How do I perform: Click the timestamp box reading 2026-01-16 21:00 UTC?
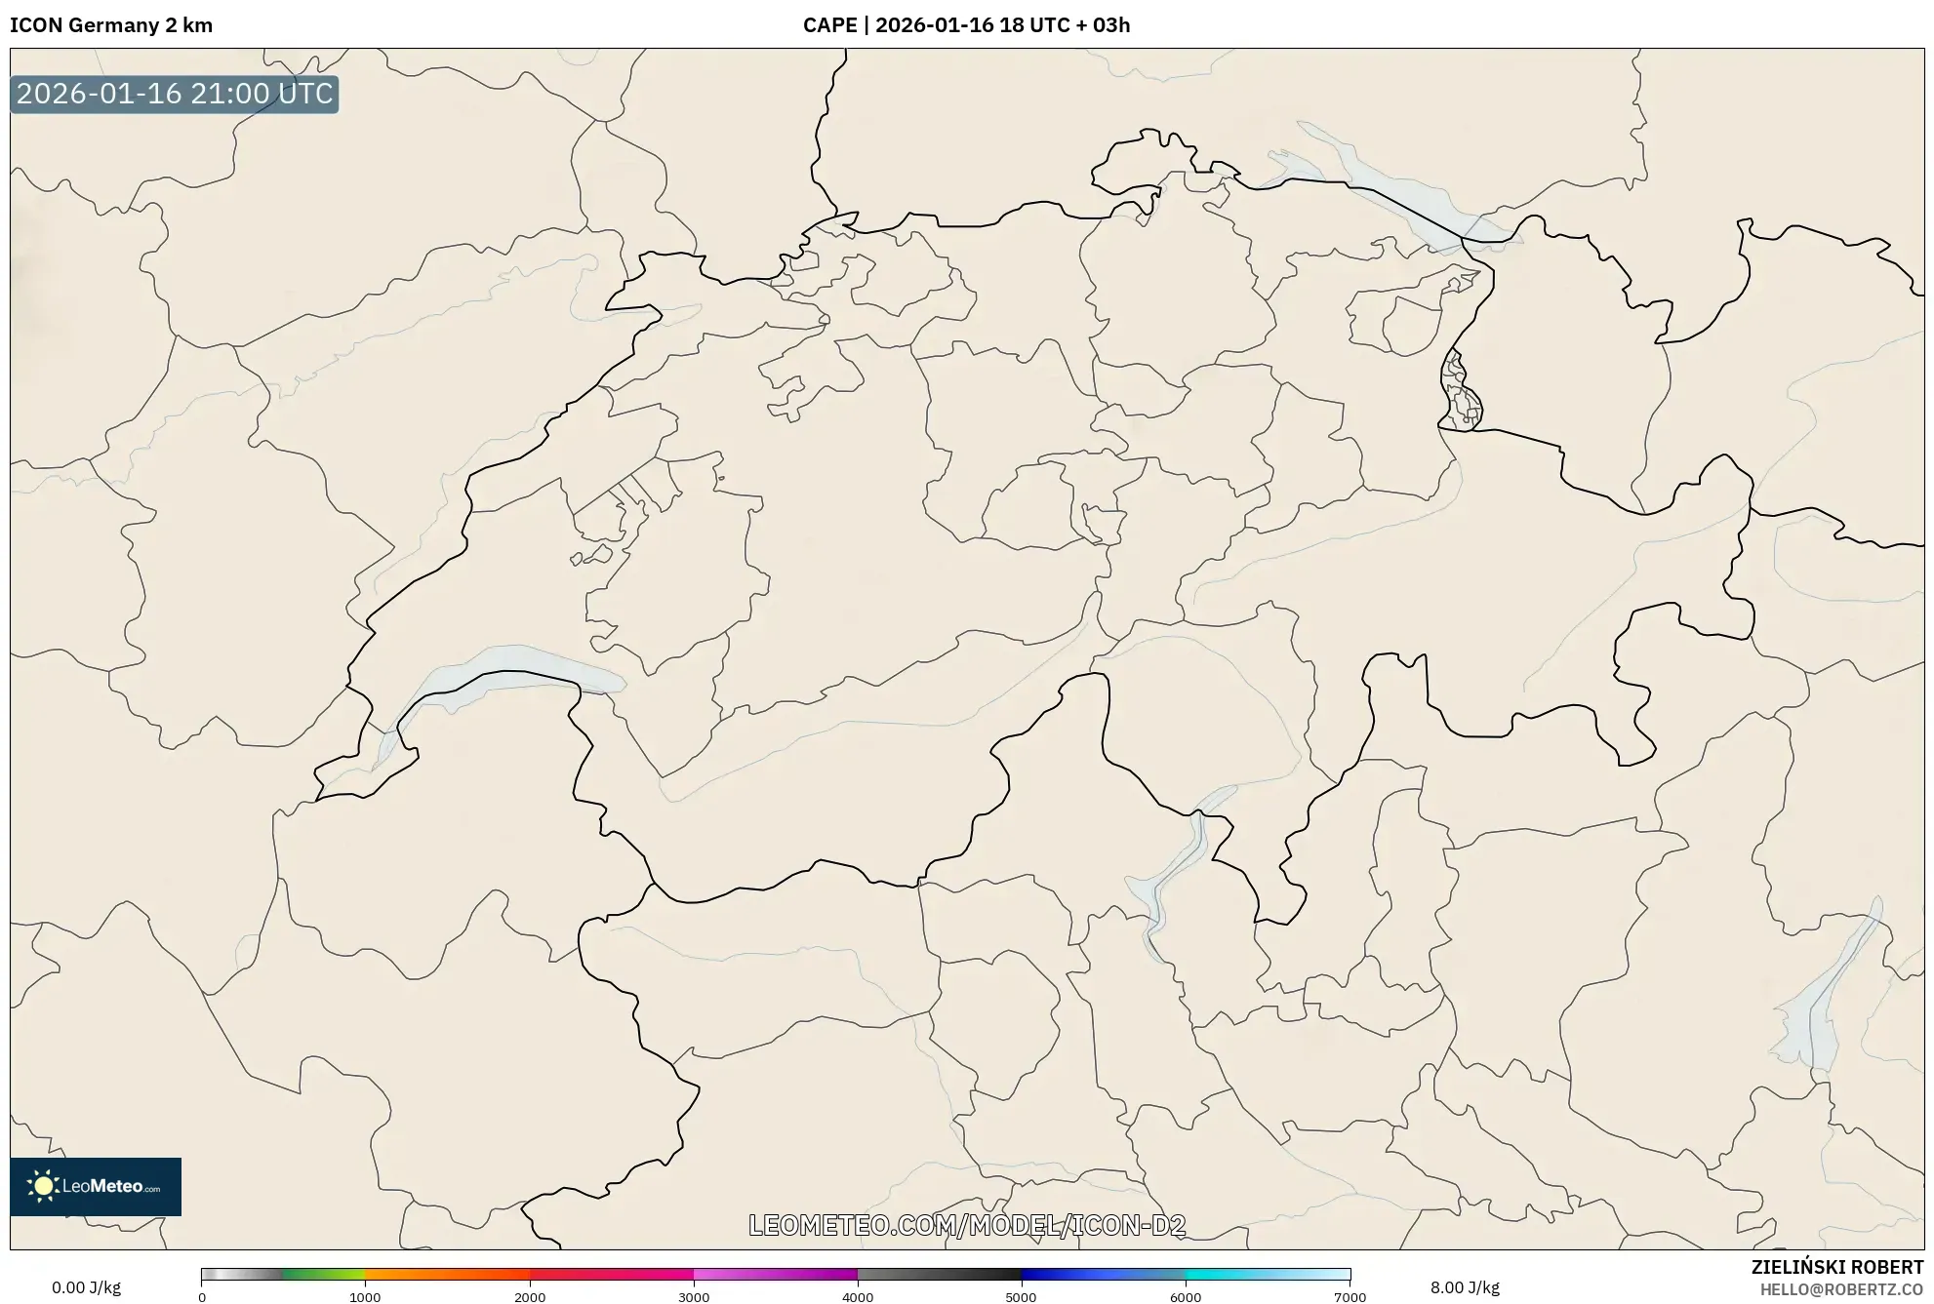point(175,94)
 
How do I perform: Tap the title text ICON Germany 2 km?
point(111,25)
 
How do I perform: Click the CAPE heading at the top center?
point(966,25)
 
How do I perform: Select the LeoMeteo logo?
point(96,1186)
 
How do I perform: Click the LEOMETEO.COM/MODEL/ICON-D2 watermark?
point(966,1225)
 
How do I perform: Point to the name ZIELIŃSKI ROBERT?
point(1836,1267)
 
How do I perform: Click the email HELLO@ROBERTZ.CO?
point(1841,1289)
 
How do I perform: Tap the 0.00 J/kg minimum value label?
point(86,1287)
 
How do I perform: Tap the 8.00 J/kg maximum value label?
point(1464,1287)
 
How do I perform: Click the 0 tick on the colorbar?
point(202,1297)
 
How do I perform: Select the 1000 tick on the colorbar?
point(365,1297)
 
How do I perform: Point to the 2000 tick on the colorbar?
point(530,1297)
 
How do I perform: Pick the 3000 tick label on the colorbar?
point(694,1297)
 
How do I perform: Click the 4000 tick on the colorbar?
point(858,1297)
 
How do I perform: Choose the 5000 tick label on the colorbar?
point(1021,1297)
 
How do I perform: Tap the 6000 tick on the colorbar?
point(1186,1297)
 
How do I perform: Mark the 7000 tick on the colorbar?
point(1350,1297)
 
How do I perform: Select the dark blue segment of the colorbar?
point(1064,1274)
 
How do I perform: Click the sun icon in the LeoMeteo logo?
point(43,1186)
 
